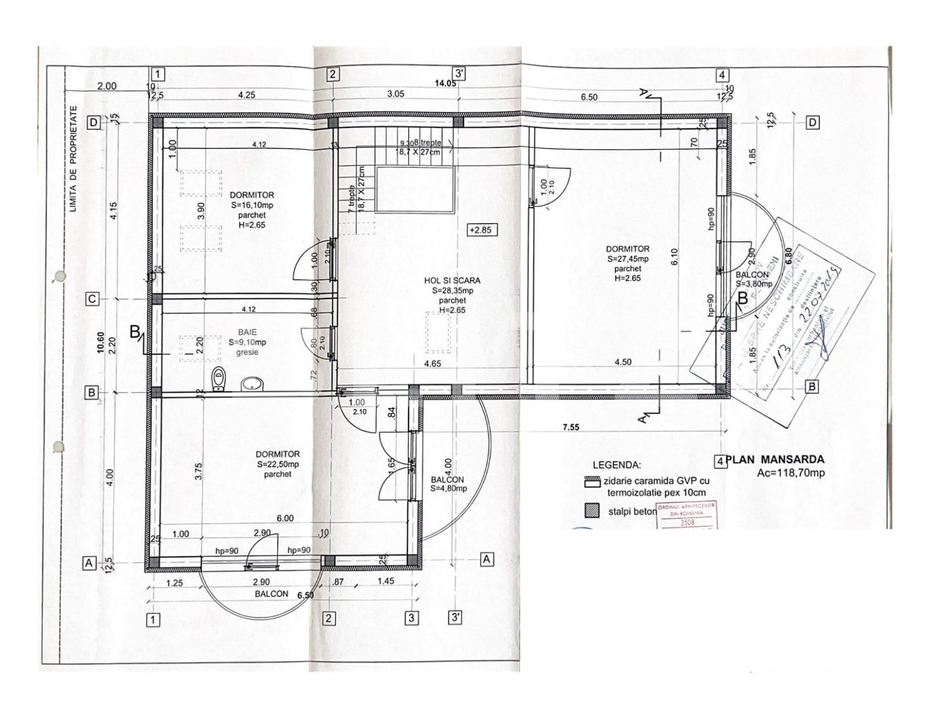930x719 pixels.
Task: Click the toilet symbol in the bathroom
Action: coord(219,379)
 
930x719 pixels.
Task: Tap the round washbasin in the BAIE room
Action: coord(252,383)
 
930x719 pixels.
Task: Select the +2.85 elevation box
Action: coord(482,230)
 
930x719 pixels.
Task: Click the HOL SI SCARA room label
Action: coord(452,280)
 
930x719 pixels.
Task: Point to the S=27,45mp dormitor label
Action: coord(628,259)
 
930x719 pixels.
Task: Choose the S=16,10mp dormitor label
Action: coord(252,205)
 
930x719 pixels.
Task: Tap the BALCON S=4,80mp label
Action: coord(448,484)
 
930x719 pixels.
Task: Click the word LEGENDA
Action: coord(617,465)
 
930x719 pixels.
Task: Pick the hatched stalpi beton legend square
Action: coord(592,510)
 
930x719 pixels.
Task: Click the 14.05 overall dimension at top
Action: coord(445,83)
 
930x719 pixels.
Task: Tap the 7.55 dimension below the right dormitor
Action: coord(571,428)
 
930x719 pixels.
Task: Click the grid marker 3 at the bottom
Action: coord(411,618)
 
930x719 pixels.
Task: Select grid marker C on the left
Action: coord(92,299)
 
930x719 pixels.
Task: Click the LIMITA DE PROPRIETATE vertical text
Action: coord(73,158)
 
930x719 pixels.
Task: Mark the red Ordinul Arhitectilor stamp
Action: coord(685,515)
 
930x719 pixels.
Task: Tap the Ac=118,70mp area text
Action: coord(791,473)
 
